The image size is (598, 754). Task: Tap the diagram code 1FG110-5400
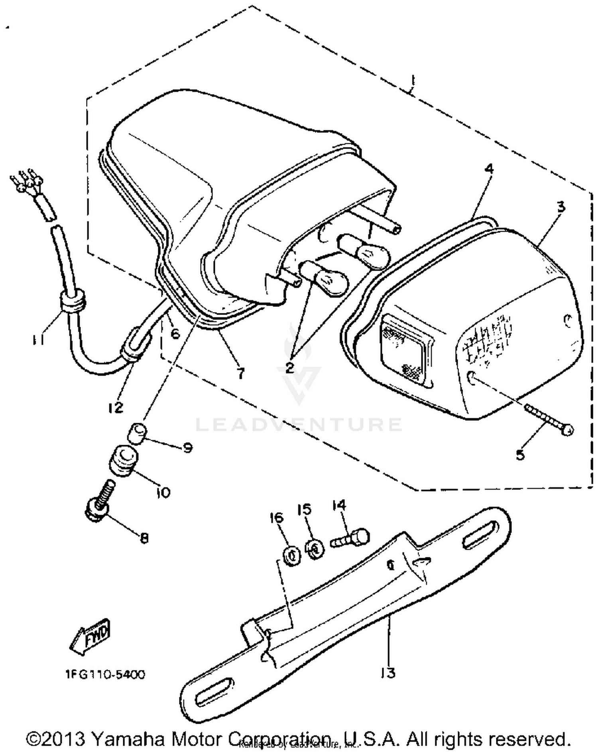click(x=105, y=674)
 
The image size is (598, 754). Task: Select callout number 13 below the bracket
click(x=387, y=673)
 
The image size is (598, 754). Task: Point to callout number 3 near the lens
click(x=561, y=207)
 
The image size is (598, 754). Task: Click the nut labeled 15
click(x=315, y=549)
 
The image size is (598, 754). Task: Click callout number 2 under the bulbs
click(x=290, y=367)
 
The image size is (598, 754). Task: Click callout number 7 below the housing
click(x=240, y=373)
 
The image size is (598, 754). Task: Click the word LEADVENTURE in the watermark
click(x=299, y=424)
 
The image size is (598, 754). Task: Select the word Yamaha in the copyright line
click(x=128, y=739)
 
